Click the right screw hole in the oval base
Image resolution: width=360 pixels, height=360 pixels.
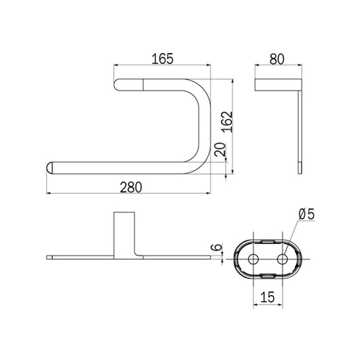tap(281, 259)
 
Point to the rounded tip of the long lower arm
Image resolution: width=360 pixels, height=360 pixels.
tap(51, 167)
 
